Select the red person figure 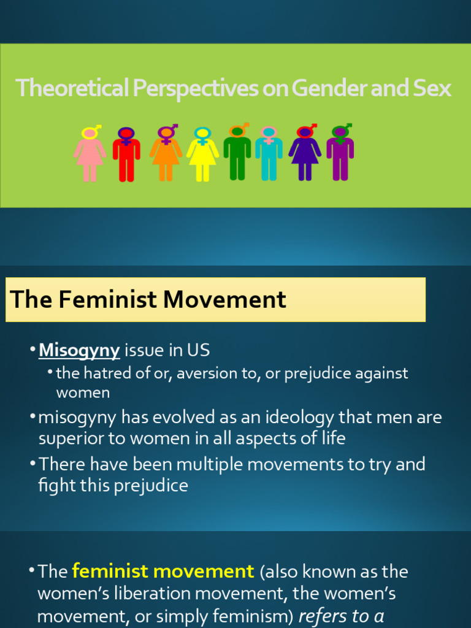pyautogui.click(x=126, y=158)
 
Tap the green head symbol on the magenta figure pyautogui.click(x=340, y=131)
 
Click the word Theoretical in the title pyautogui.click(x=72, y=89)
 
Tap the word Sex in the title pyautogui.click(x=432, y=89)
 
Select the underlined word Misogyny pyautogui.click(x=79, y=350)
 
